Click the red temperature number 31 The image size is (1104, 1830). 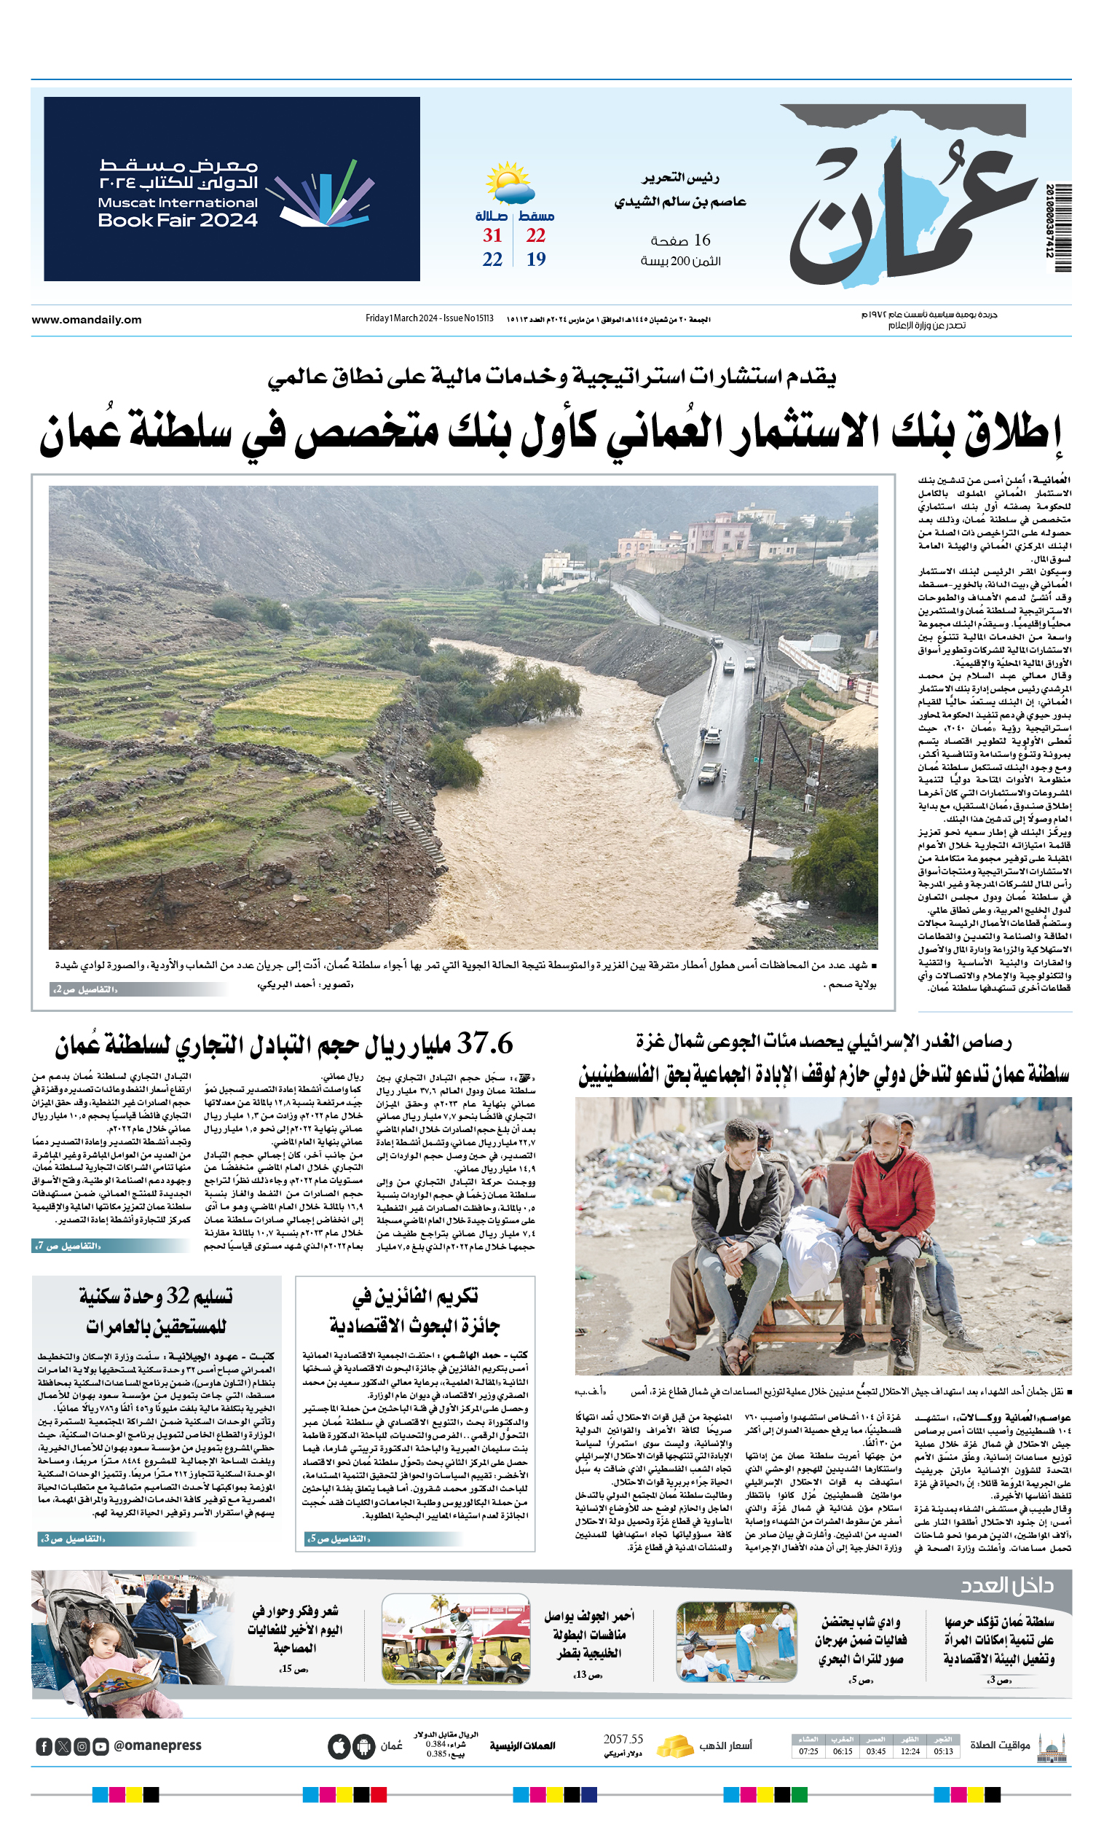[x=492, y=235]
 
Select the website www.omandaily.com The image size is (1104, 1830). [x=86, y=319]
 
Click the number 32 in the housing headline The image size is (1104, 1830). [x=178, y=1296]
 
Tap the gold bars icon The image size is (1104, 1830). [x=674, y=1745]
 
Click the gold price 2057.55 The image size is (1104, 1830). [x=623, y=1740]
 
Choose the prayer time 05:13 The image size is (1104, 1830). [x=943, y=1751]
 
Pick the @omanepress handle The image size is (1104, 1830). [x=157, y=1745]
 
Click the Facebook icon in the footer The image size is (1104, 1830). [x=44, y=1746]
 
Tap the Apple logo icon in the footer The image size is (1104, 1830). [x=339, y=1746]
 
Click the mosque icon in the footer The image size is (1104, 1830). [x=1052, y=1748]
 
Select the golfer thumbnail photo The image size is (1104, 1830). [x=456, y=1638]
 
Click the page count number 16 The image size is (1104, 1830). [x=701, y=240]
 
